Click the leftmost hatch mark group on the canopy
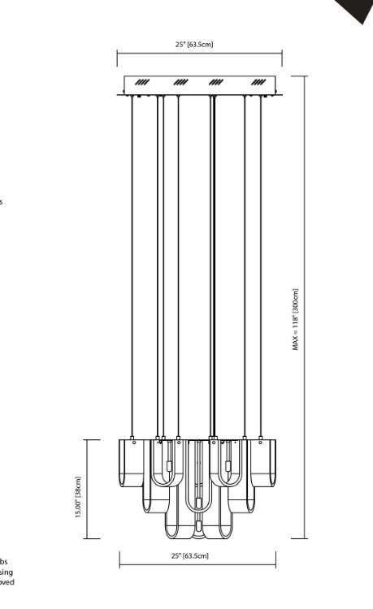(142, 82)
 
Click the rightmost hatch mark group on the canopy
(259, 82)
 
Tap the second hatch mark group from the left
(180, 82)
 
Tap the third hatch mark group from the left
(216, 82)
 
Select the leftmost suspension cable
(132, 268)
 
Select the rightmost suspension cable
(261, 268)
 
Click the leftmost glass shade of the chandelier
(131, 464)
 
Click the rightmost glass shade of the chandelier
(265, 464)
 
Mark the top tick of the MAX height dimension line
(306, 76)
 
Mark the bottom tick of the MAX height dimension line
(306, 538)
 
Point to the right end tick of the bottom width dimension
(275, 560)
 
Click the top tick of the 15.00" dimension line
(88, 439)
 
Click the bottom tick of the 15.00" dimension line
(88, 538)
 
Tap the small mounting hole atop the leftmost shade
(133, 443)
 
